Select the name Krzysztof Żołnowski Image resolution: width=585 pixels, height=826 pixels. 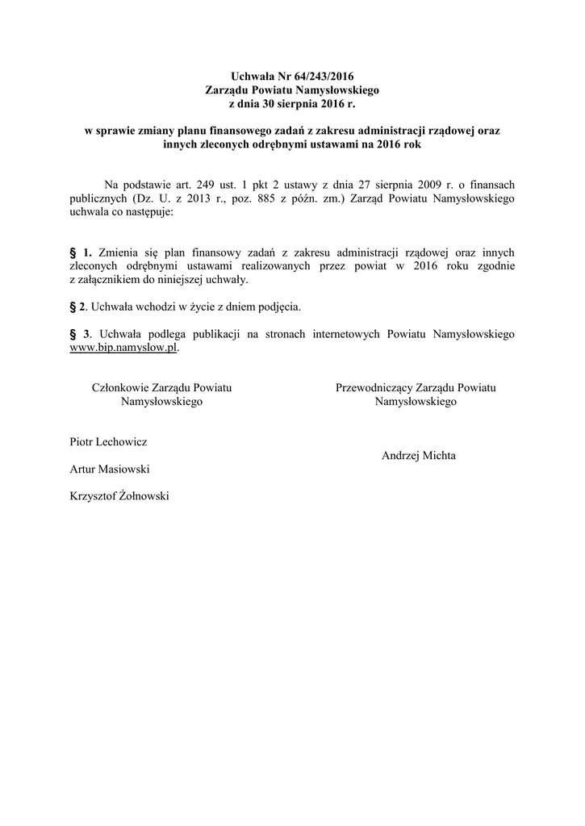tap(120, 496)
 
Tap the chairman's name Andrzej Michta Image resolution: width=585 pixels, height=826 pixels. tap(418, 455)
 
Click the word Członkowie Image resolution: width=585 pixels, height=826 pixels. tap(122, 388)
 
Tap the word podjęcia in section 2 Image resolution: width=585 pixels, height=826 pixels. tap(278, 307)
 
